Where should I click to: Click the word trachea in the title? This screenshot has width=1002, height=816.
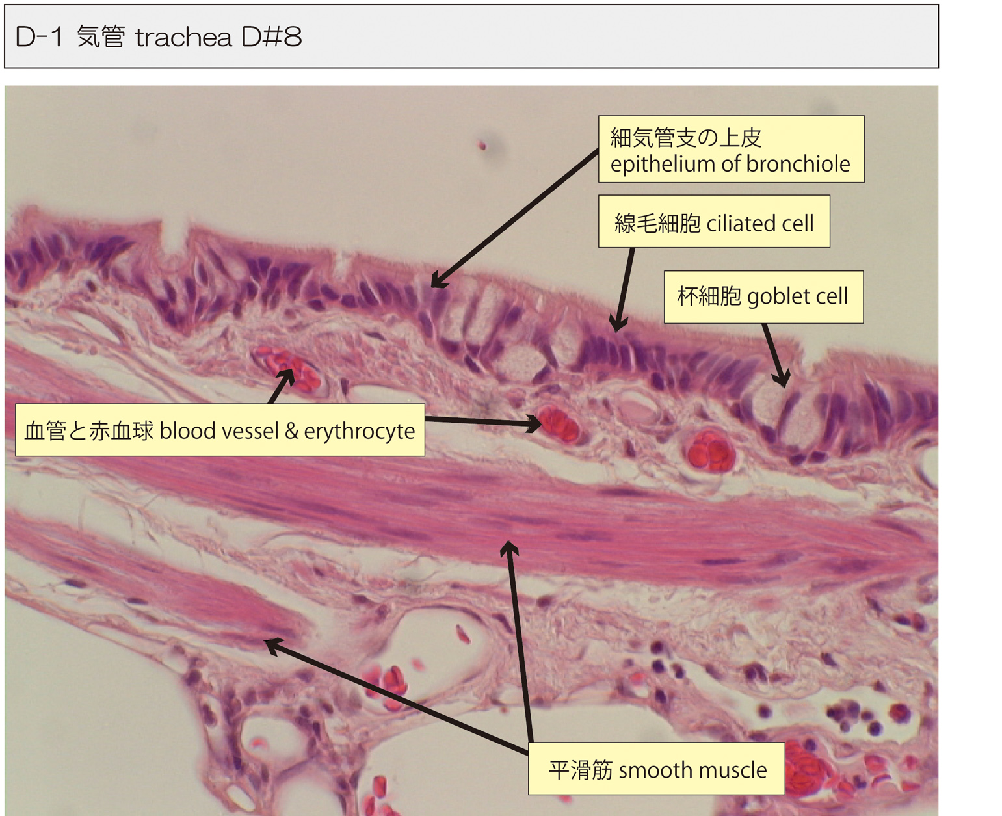(x=183, y=37)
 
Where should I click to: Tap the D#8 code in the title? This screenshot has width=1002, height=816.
(x=271, y=37)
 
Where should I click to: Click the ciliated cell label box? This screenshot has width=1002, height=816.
(x=714, y=222)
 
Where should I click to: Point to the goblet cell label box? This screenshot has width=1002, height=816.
(x=763, y=296)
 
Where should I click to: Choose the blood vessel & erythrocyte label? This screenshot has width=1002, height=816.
(x=220, y=430)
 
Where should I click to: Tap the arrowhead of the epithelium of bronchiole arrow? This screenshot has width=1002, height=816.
(x=438, y=281)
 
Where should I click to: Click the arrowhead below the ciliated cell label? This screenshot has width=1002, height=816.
(x=618, y=324)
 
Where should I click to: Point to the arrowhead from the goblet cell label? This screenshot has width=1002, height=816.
(x=781, y=379)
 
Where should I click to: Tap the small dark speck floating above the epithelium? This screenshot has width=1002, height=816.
(x=482, y=146)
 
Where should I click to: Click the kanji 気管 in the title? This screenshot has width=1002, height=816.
(x=101, y=36)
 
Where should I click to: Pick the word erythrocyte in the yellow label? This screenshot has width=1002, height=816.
(x=360, y=431)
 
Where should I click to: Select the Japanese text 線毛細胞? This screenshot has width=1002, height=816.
(x=657, y=223)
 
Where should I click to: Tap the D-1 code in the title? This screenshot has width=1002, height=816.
(x=39, y=37)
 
